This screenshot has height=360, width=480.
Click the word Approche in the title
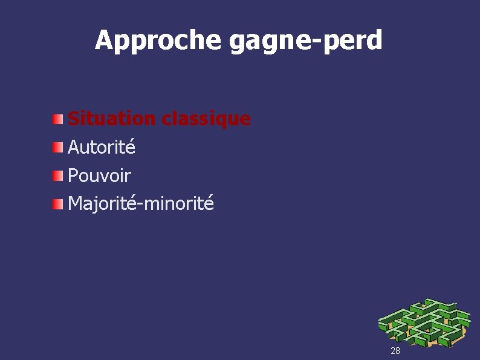160,41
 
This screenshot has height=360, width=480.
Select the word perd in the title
355,41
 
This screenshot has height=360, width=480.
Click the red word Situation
112,119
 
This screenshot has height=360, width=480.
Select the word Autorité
102,147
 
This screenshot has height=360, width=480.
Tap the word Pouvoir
99,175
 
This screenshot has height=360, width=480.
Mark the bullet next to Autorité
57,147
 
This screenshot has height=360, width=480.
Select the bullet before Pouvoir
57,175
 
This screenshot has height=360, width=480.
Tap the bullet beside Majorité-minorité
57,204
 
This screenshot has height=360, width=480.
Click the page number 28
395,351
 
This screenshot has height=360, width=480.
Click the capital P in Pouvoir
73,175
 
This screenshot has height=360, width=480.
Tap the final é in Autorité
131,147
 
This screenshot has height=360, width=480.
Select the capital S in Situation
74,119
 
